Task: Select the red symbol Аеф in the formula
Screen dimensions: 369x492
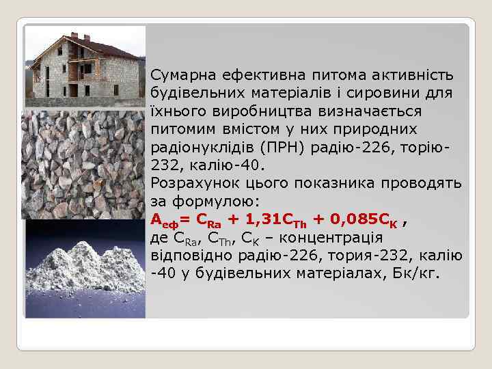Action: pos(163,221)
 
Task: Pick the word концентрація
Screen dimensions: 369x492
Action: pos(338,238)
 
